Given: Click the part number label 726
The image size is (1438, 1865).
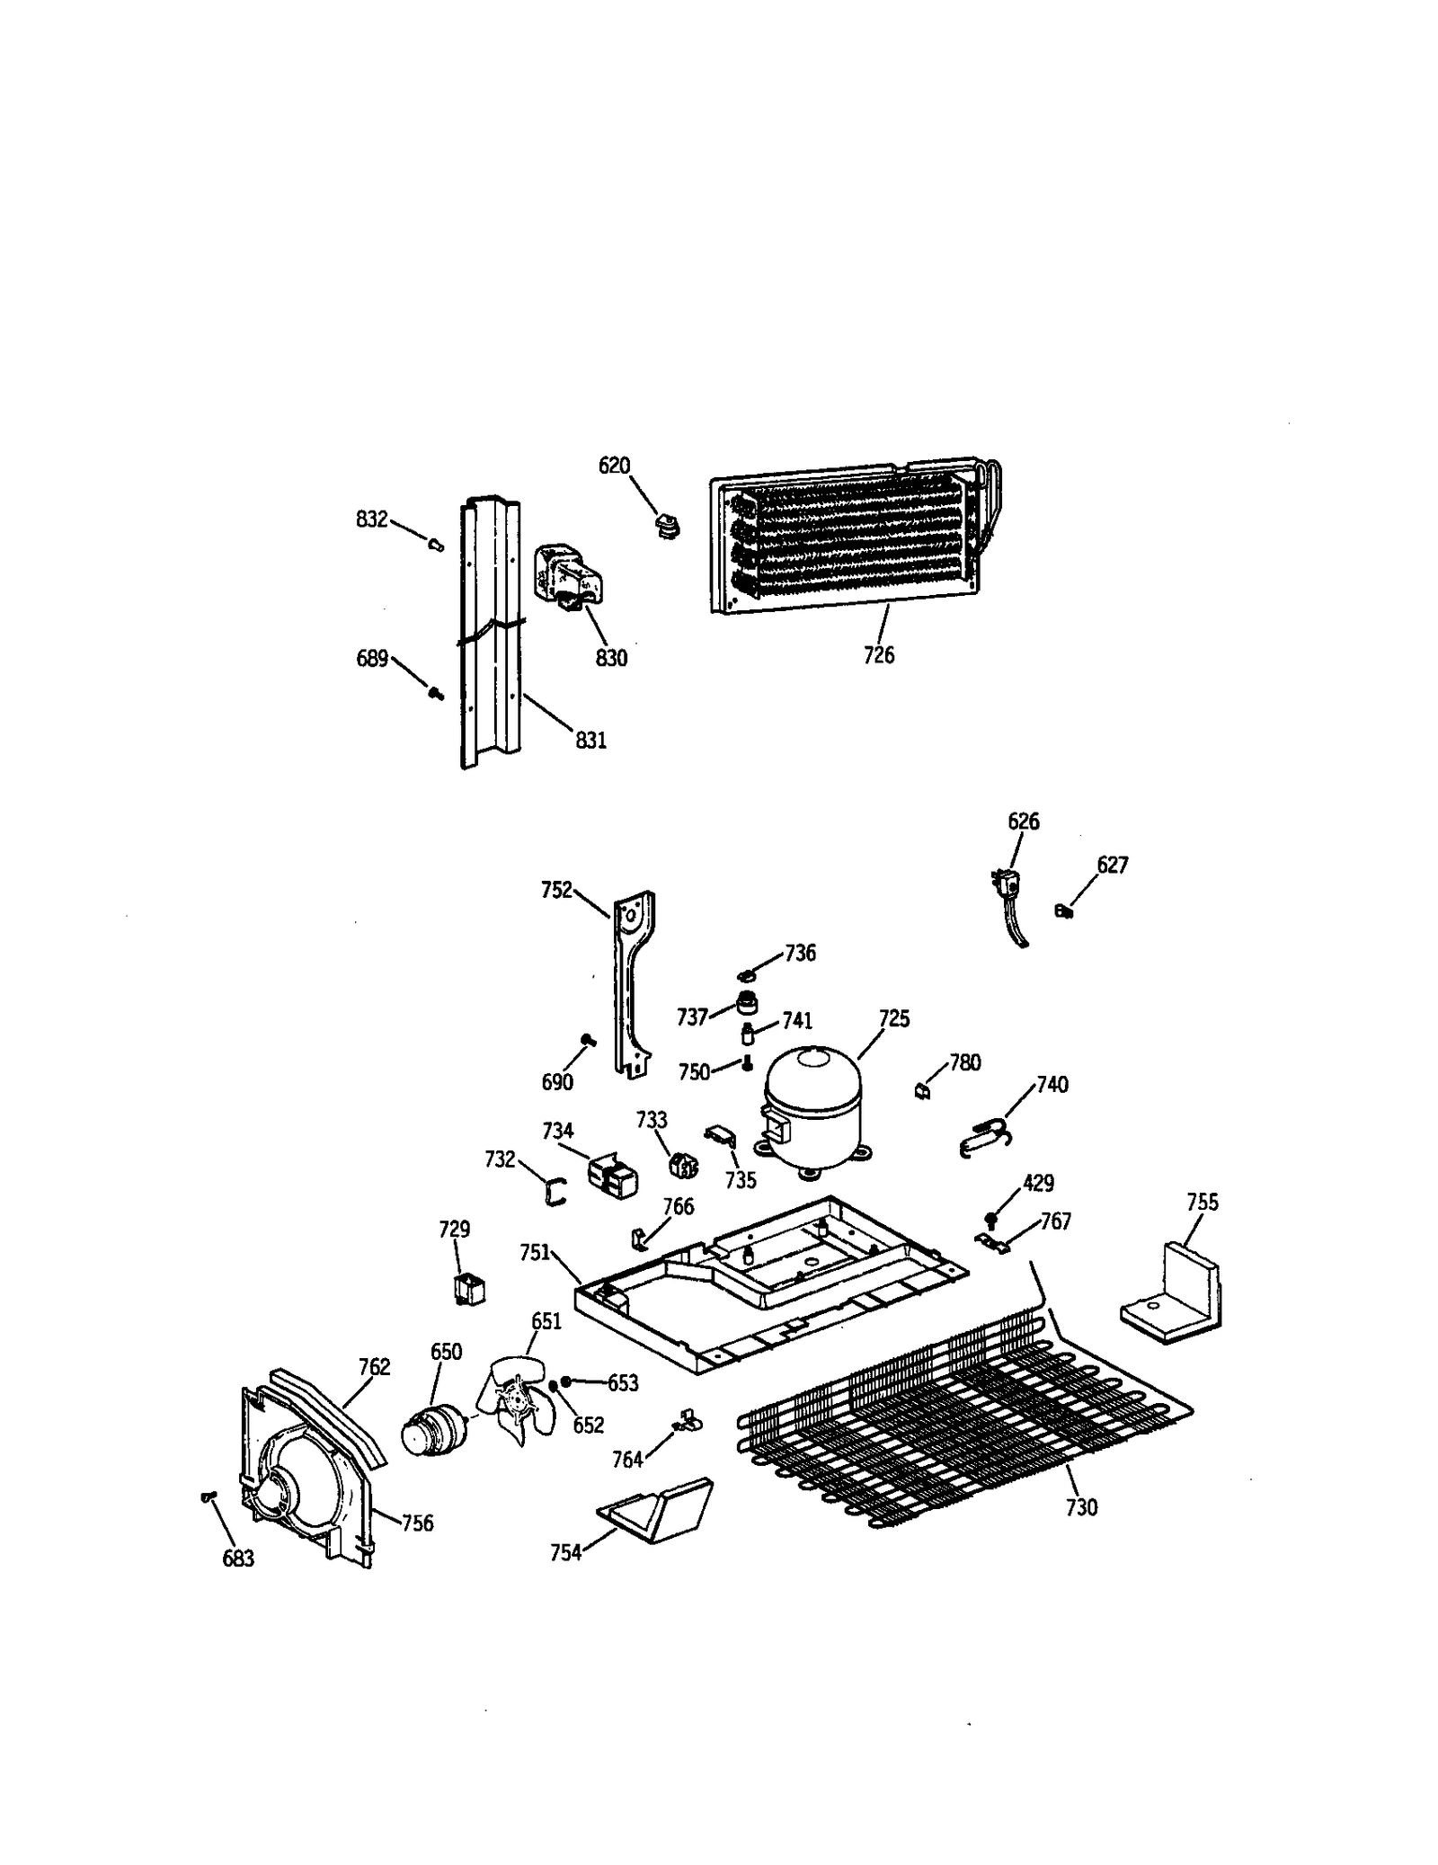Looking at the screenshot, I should pos(878,655).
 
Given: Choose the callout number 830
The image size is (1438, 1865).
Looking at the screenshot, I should pos(611,658).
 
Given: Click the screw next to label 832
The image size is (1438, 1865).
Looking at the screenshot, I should pos(436,544).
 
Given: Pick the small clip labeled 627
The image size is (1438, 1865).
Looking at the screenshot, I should pos(1064,912).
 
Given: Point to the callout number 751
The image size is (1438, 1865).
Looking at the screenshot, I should pos(535,1252).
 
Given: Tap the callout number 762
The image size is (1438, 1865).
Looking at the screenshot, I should pos(374,1367).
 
